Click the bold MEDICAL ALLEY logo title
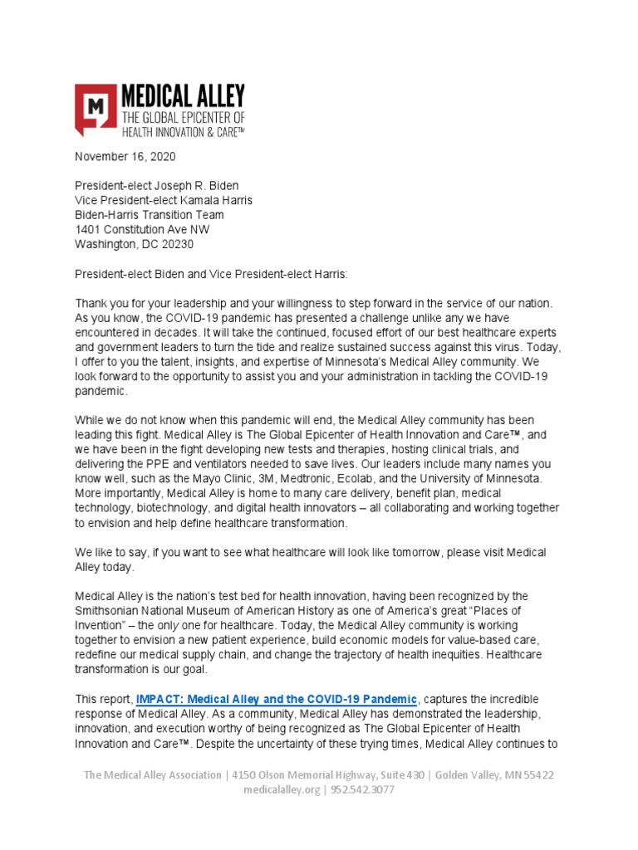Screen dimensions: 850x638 (183, 94)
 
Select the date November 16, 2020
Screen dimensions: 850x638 (125, 156)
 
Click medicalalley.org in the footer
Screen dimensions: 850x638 (281, 790)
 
